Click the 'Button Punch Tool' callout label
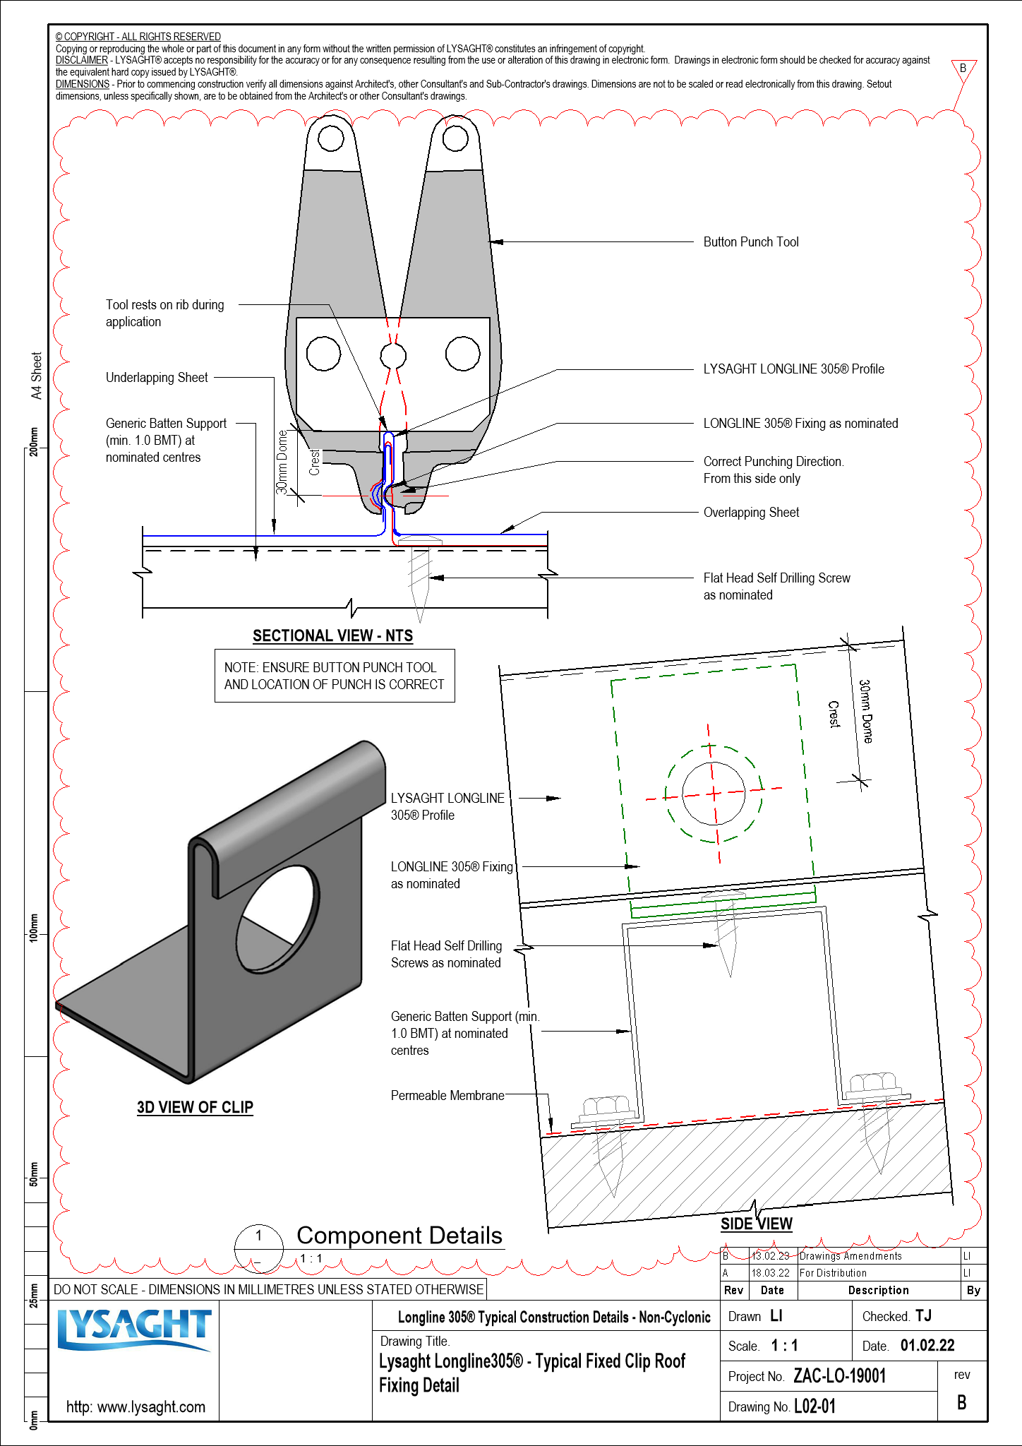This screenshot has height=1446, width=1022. click(x=750, y=242)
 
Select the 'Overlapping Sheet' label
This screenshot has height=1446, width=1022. click(x=751, y=513)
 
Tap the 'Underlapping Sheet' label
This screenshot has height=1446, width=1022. click(x=157, y=378)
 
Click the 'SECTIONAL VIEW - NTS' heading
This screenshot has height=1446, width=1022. click(x=332, y=635)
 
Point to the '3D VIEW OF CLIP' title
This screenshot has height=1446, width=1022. click(x=195, y=1106)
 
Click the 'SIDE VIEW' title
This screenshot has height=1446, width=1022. click(x=756, y=1224)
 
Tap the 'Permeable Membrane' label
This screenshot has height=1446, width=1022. click(x=447, y=1095)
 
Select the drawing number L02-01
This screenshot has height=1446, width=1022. click(x=814, y=1406)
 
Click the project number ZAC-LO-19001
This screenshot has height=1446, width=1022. click(x=839, y=1375)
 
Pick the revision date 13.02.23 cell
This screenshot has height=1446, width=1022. click(x=770, y=1256)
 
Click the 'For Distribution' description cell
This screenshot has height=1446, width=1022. click(x=833, y=1273)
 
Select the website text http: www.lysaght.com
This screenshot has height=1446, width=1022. click(x=136, y=1406)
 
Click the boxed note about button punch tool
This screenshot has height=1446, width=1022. click(x=334, y=676)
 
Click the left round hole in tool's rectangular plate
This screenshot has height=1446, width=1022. click(x=323, y=354)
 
